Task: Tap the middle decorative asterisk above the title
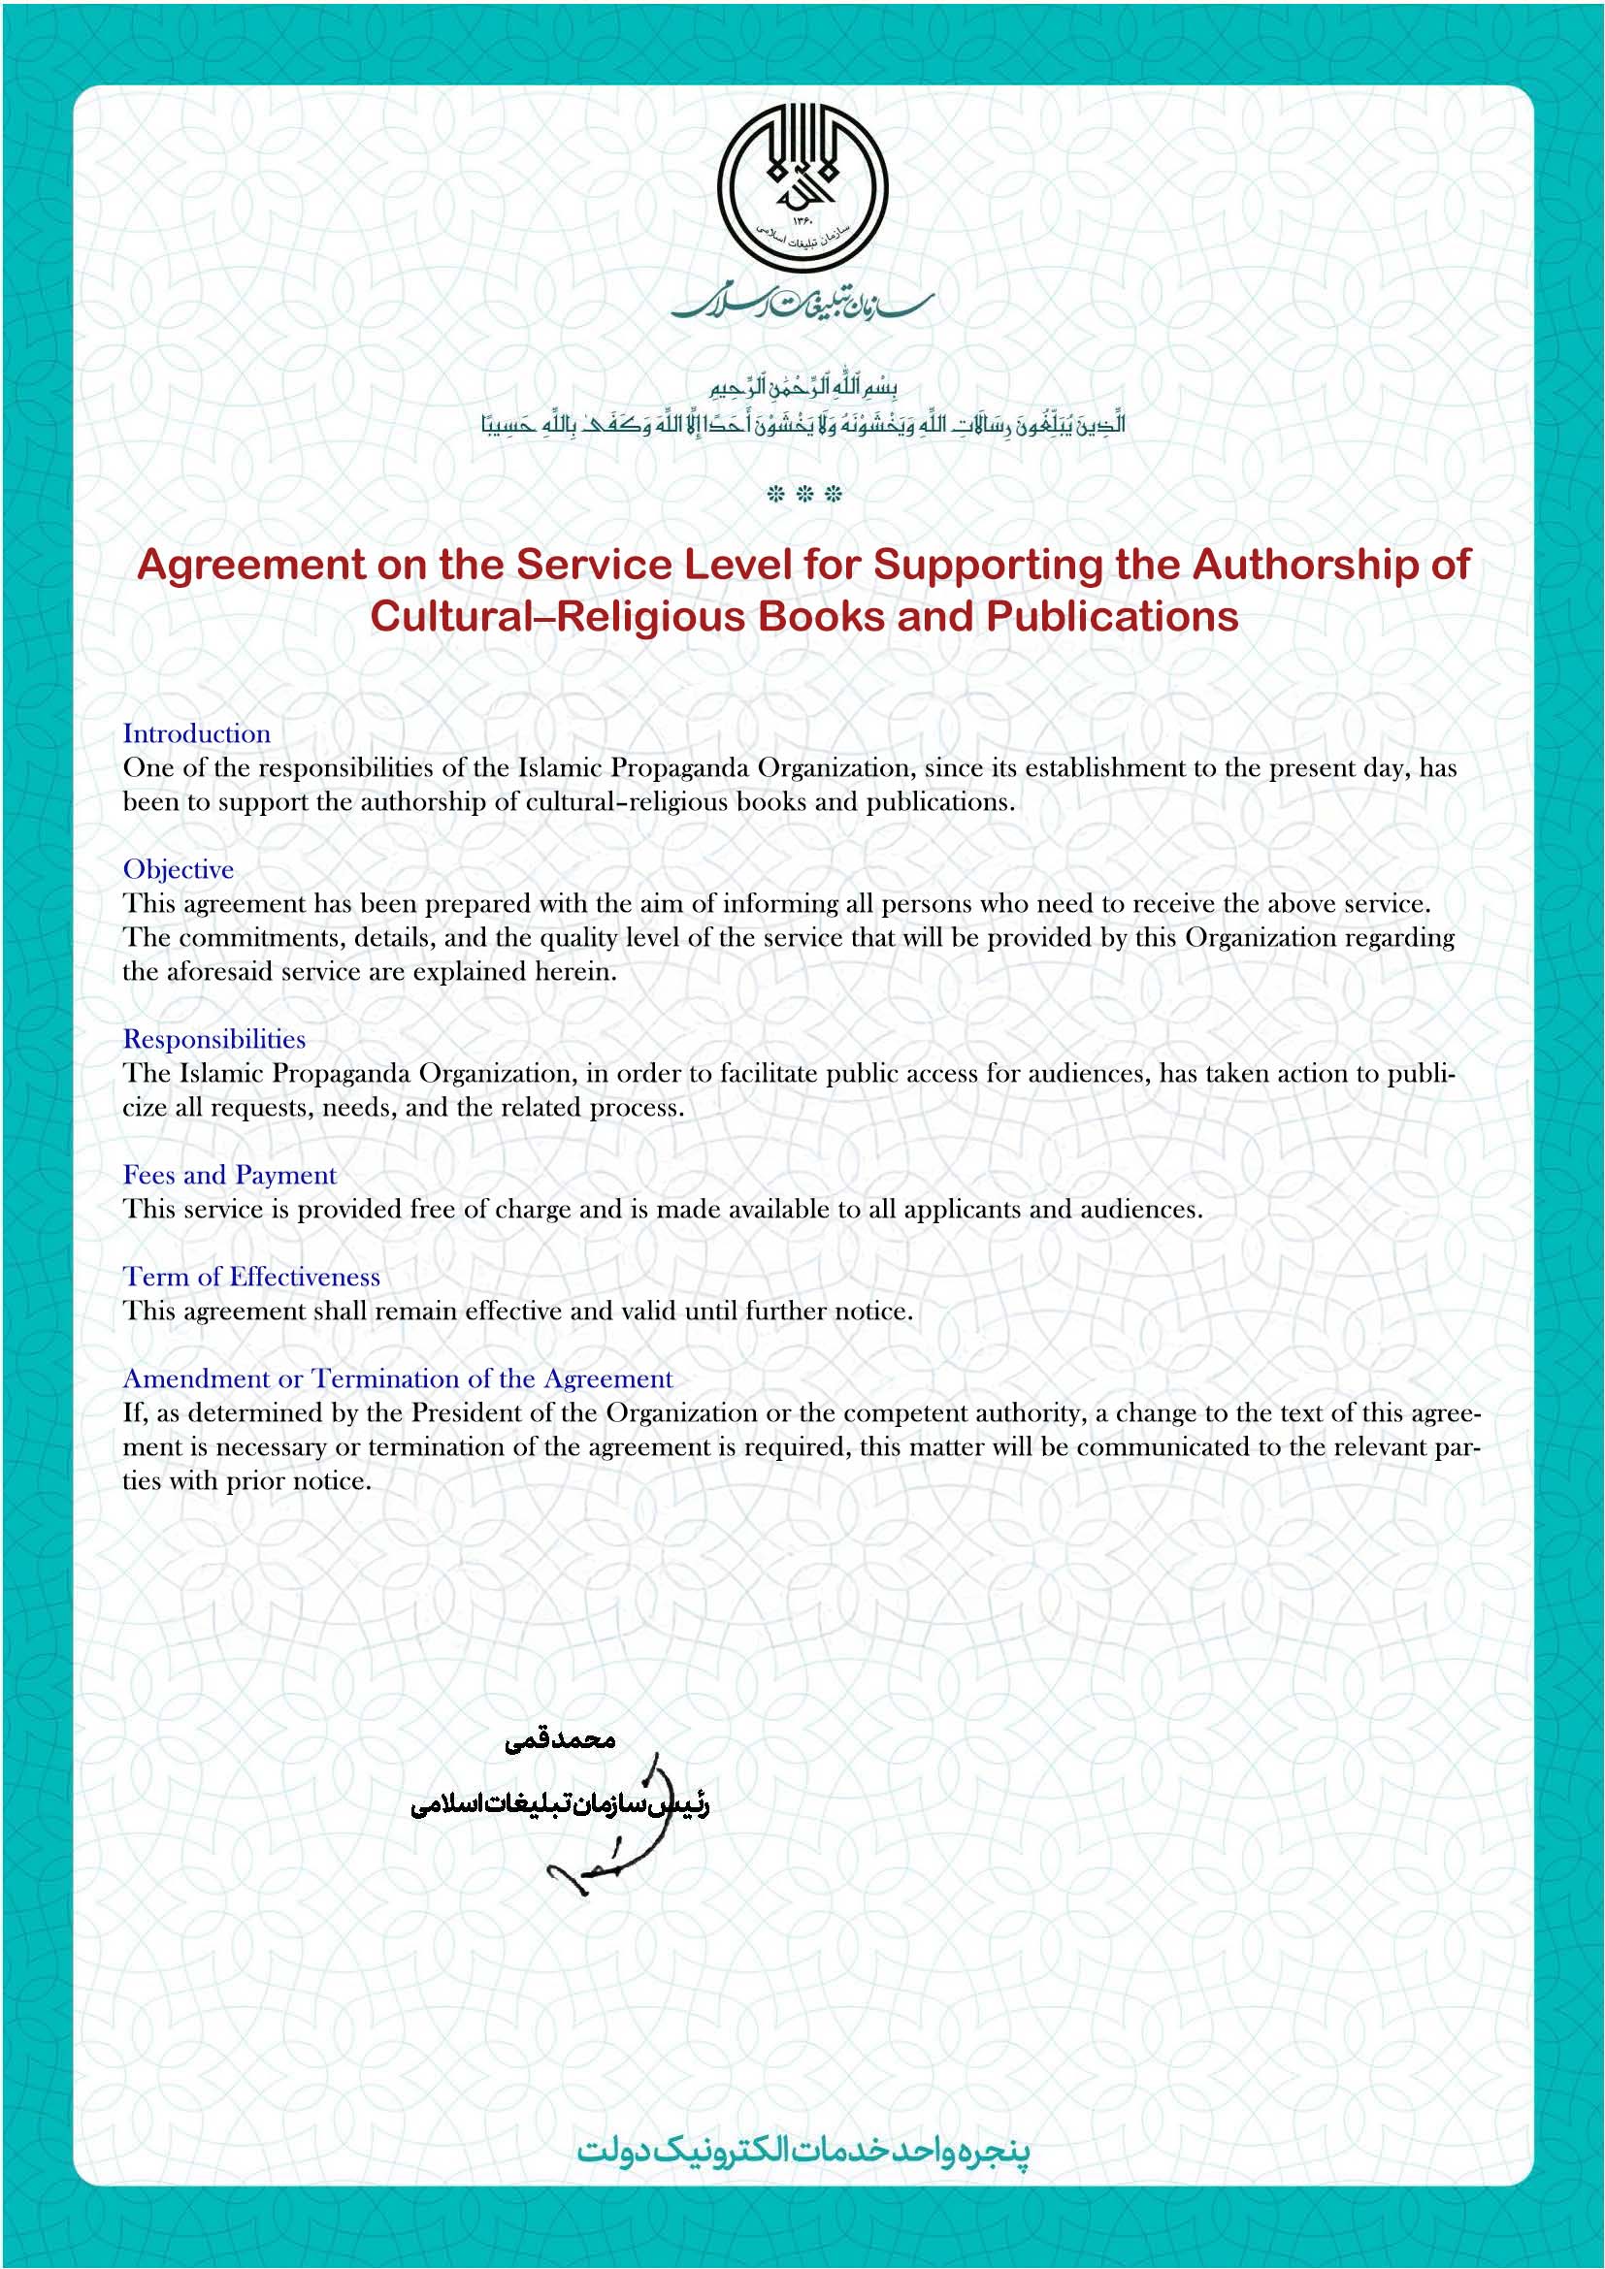coord(804,494)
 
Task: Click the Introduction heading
coord(197,734)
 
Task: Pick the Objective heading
coord(179,869)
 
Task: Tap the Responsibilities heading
coord(214,1040)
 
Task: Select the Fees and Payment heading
coord(229,1175)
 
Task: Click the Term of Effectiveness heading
coord(251,1277)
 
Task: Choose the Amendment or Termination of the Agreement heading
coord(397,1378)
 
